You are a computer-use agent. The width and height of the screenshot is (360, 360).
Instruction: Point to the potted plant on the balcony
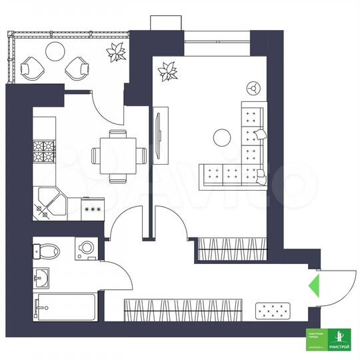click(x=117, y=52)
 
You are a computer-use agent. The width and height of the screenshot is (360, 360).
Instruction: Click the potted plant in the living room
click(x=167, y=71)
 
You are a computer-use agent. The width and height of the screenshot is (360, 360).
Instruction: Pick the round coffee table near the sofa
click(x=221, y=139)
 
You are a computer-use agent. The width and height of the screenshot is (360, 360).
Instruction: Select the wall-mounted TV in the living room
click(x=158, y=137)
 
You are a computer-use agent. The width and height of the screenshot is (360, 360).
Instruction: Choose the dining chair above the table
click(x=118, y=135)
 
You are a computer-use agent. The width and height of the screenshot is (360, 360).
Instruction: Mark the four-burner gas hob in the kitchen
click(x=43, y=153)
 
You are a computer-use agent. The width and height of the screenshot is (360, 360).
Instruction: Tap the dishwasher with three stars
click(x=91, y=209)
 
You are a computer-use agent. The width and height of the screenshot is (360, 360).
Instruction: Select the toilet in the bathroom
click(x=47, y=251)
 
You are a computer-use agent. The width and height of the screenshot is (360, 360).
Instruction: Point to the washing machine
click(x=87, y=249)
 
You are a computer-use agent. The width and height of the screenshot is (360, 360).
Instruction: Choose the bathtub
click(x=65, y=307)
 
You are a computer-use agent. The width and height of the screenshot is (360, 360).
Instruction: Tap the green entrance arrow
click(x=312, y=287)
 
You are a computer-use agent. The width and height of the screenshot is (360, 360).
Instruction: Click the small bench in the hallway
click(x=273, y=310)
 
